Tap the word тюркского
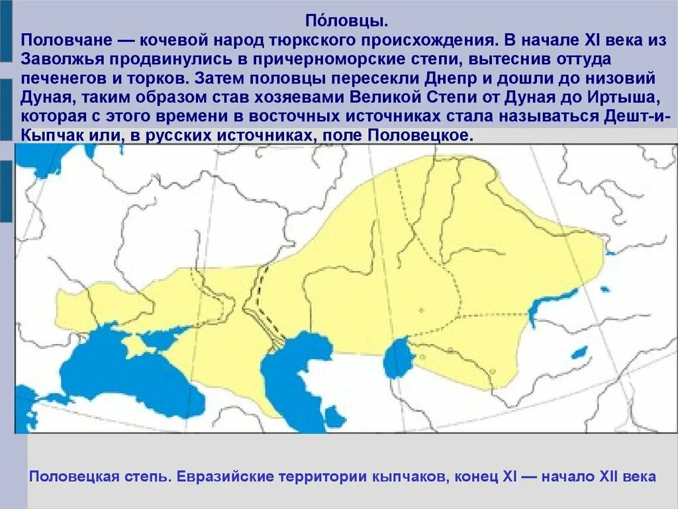(x=288, y=40)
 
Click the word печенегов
(x=63, y=78)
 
